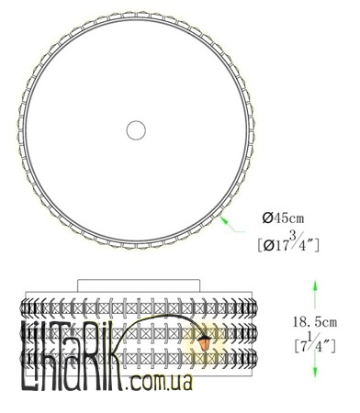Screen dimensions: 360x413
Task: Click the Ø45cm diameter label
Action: pyautogui.click(x=283, y=218)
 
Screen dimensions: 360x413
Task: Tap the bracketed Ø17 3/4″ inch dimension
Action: pyautogui.click(x=288, y=242)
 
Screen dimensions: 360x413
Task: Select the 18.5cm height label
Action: pyautogui.click(x=315, y=322)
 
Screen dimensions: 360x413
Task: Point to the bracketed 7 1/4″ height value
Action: pyautogui.click(x=315, y=343)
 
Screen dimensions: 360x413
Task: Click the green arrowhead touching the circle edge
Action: pyautogui.click(x=225, y=220)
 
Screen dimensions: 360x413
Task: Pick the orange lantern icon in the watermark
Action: pyautogui.click(x=204, y=342)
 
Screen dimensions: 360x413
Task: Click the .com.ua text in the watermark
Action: pyautogui.click(x=159, y=382)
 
